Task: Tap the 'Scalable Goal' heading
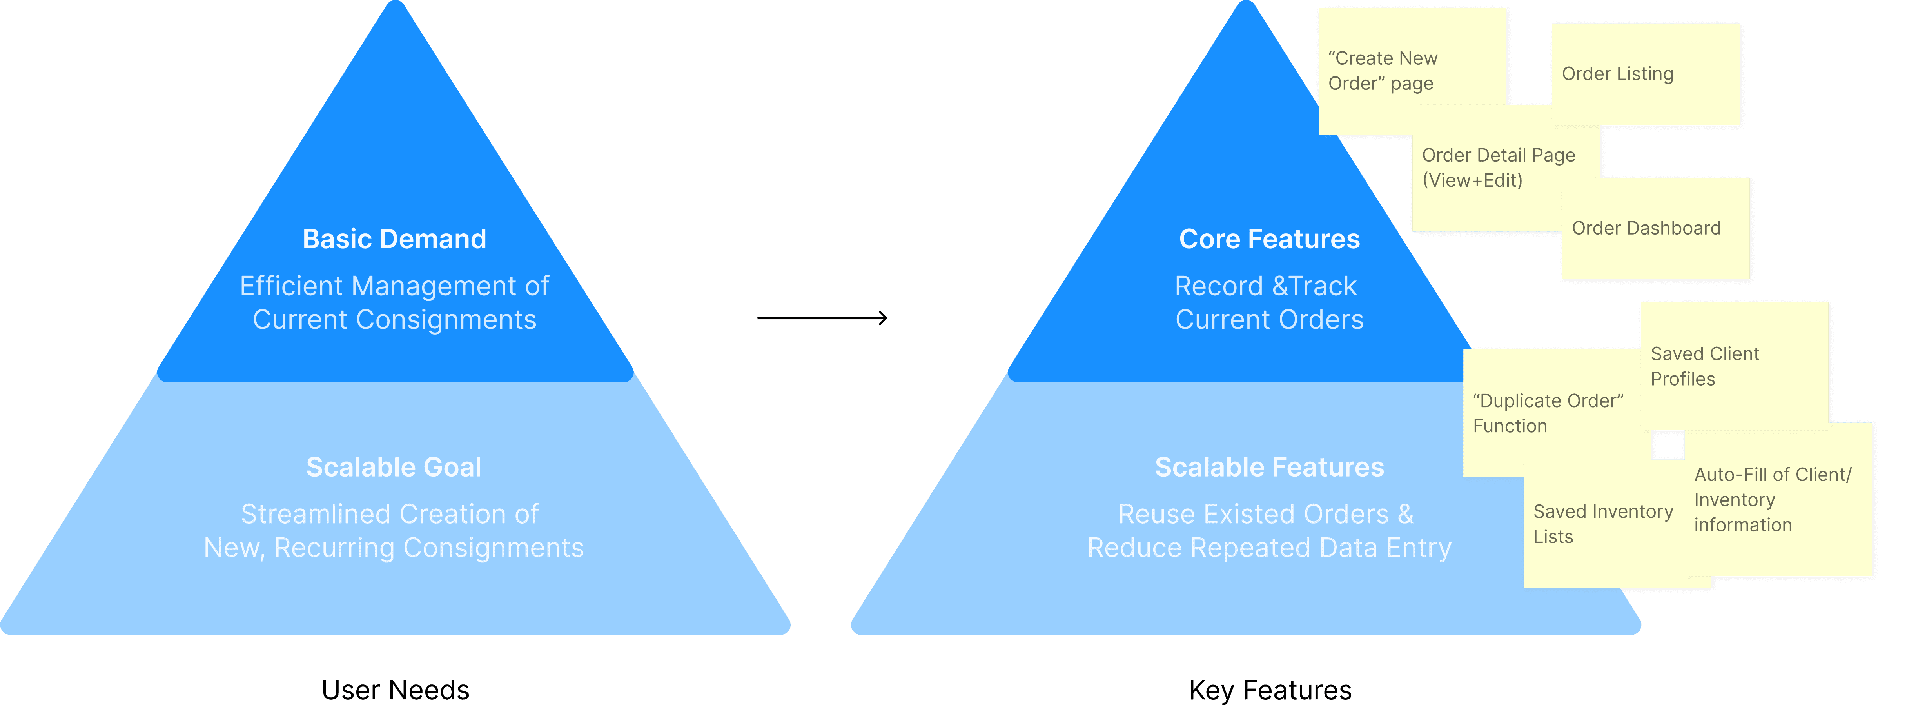394,467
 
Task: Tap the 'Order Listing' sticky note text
1617,74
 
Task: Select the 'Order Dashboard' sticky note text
1646,228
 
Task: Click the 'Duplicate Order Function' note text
1547,413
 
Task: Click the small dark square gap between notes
1667,445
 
